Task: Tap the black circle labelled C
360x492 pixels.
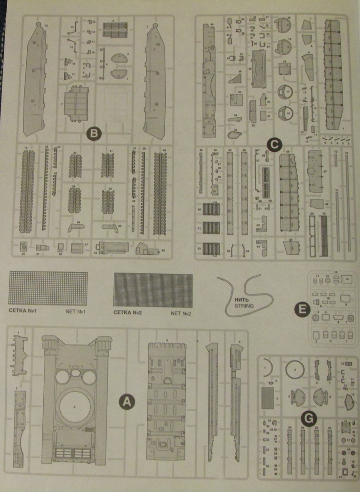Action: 274,144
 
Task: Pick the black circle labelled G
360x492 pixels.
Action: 310,419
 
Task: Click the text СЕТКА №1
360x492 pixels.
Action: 23,311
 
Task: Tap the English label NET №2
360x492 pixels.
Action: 180,313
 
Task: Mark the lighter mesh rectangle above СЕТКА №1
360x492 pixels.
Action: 48,288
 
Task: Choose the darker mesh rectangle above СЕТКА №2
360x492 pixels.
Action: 153,290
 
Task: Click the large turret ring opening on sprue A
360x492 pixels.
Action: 75,406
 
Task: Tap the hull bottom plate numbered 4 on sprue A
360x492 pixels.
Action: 166,401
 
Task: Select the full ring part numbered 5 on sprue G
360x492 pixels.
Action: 295,369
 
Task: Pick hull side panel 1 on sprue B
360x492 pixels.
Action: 154,82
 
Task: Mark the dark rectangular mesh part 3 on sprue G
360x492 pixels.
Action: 268,397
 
